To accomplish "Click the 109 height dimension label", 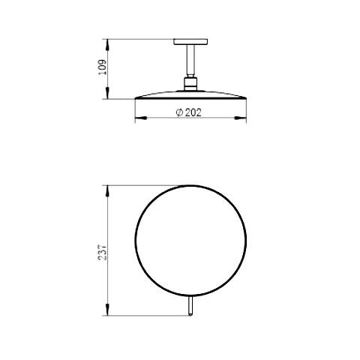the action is click(103, 67).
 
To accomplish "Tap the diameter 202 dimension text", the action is click(189, 112).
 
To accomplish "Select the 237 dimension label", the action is click(103, 253).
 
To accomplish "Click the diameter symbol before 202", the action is click(179, 112).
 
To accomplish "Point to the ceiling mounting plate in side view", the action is click(190, 42).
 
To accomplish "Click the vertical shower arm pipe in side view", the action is click(190, 61).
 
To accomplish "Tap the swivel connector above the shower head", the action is click(190, 84).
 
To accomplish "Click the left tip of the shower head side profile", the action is click(135, 98).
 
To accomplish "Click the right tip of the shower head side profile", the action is click(246, 98).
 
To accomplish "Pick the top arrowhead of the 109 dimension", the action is click(107, 44).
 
